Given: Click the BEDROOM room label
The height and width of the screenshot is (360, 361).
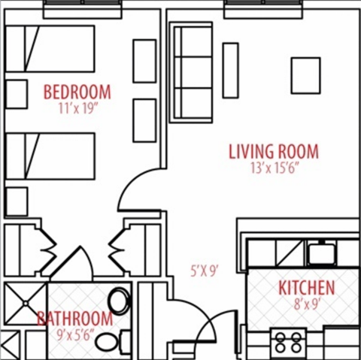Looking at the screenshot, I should pyautogui.click(x=77, y=92).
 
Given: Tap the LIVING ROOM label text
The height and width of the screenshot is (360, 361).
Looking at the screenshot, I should pyautogui.click(x=273, y=151).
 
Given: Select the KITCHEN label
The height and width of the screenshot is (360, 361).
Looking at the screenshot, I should pyautogui.click(x=306, y=287).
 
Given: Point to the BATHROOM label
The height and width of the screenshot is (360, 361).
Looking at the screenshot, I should pyautogui.click(x=75, y=318).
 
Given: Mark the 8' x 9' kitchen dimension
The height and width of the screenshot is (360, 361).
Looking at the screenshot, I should pyautogui.click(x=307, y=304).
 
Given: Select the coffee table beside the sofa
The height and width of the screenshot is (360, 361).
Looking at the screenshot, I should pyautogui.click(x=231, y=70).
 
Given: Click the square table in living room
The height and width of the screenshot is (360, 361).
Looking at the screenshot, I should pyautogui.click(x=305, y=75).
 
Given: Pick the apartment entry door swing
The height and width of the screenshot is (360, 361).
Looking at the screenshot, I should pyautogui.click(x=200, y=319).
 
